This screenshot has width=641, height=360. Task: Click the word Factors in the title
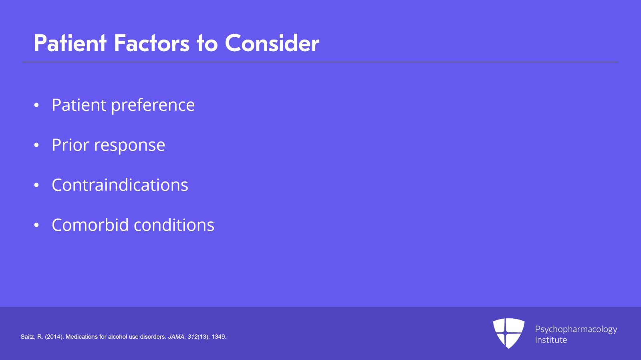pos(152,44)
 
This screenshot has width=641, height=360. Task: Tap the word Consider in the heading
pos(272,44)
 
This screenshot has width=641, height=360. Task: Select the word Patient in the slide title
pos(71,44)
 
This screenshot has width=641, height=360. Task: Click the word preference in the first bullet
pos(153,105)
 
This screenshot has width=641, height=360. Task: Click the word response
pos(130,146)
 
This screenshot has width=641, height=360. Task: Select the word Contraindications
pos(120,185)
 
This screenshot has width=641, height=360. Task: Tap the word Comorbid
pos(90,225)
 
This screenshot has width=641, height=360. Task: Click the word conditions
pos(174,225)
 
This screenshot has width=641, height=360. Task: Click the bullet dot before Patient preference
pos(36,105)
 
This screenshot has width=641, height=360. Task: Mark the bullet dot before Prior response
pos(36,145)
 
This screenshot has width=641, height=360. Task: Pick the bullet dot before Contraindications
pos(36,185)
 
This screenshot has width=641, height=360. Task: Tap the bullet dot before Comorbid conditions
pos(36,225)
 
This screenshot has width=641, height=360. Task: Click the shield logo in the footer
pos(509,333)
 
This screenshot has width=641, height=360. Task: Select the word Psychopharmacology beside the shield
pos(576,330)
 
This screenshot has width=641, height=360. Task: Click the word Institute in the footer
pos(551,340)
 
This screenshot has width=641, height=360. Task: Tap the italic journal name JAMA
pos(176,337)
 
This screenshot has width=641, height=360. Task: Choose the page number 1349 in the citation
pos(219,337)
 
